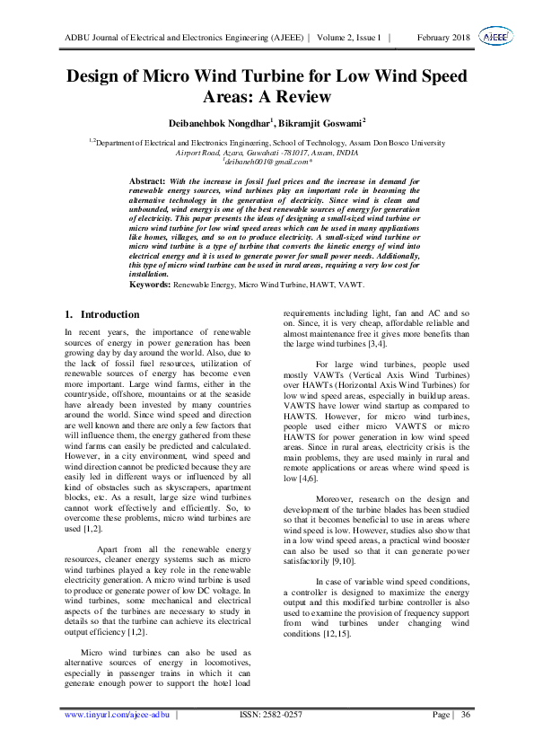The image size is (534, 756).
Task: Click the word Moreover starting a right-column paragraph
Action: point(337,472)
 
